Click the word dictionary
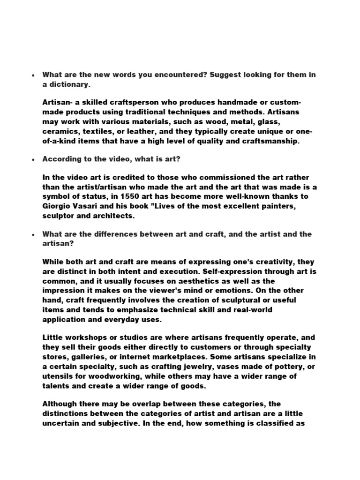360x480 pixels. (x=69, y=84)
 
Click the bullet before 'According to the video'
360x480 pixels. (x=33, y=160)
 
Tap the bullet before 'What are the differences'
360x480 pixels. (x=33, y=234)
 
